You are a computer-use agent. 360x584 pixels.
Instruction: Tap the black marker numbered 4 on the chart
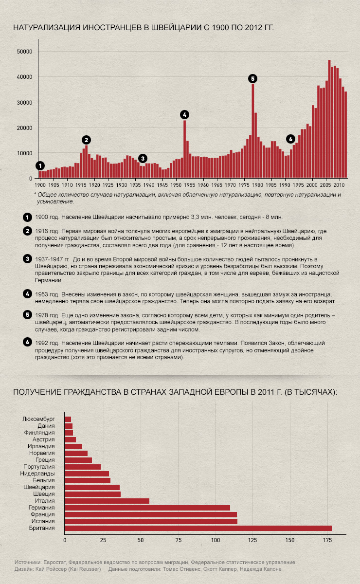click(184, 114)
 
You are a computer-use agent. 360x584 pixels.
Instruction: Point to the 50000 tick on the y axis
click(24, 52)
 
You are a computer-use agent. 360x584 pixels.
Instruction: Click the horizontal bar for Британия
click(198, 528)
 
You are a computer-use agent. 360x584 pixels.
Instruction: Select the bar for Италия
click(107, 501)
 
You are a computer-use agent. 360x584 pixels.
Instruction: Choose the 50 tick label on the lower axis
click(140, 540)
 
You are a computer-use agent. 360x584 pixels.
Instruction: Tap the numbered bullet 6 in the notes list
click(27, 343)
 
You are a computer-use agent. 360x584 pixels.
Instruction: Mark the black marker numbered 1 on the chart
click(40, 165)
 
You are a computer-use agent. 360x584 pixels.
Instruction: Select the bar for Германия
click(147, 508)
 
